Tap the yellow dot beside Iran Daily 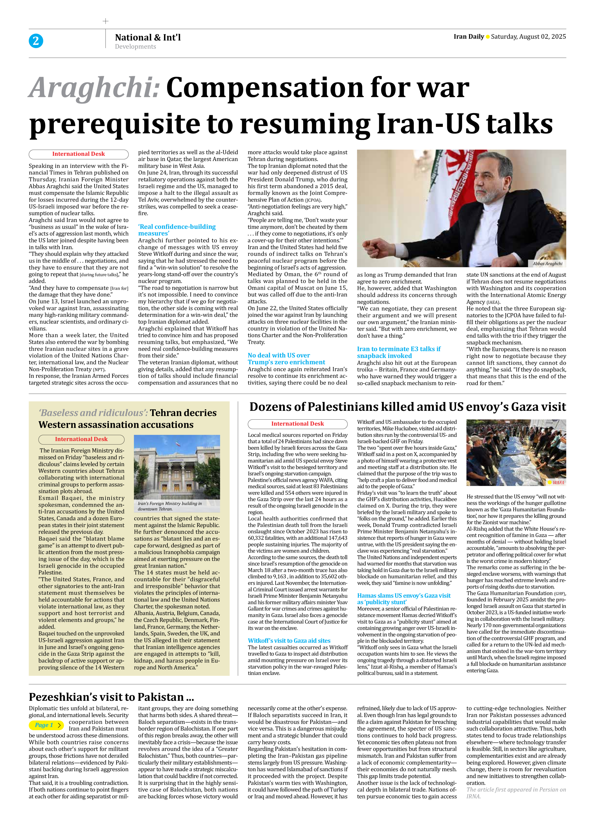point(488,37)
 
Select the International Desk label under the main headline point(79,154)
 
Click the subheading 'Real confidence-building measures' point(177,230)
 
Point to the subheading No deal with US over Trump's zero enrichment point(286,358)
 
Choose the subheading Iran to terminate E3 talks point(398,352)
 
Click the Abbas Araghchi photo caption point(547,263)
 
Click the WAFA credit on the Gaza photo point(558,482)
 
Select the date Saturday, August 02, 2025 point(528,36)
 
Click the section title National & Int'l point(148,37)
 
